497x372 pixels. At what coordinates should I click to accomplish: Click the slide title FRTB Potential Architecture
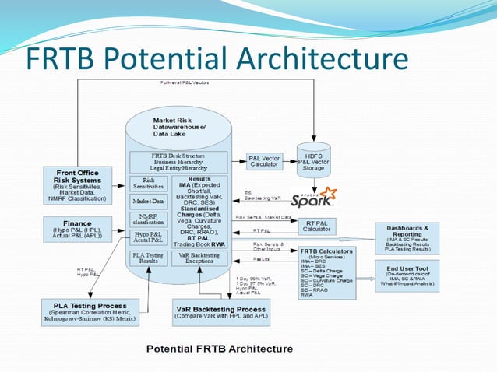click(x=217, y=58)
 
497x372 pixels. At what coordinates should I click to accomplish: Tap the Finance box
click(x=77, y=228)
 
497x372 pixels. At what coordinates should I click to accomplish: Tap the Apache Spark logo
click(x=314, y=196)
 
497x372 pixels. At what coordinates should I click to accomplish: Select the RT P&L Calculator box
click(x=316, y=226)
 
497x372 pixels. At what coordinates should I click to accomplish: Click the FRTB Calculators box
click(x=326, y=272)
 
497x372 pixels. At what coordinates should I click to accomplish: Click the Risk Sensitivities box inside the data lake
click(x=149, y=183)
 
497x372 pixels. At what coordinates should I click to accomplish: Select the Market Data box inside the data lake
click(x=149, y=202)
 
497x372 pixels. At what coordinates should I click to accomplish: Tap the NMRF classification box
click(x=149, y=219)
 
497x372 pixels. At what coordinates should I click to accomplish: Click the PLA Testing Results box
click(x=149, y=258)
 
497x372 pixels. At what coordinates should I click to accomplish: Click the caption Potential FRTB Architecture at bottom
click(x=220, y=349)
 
